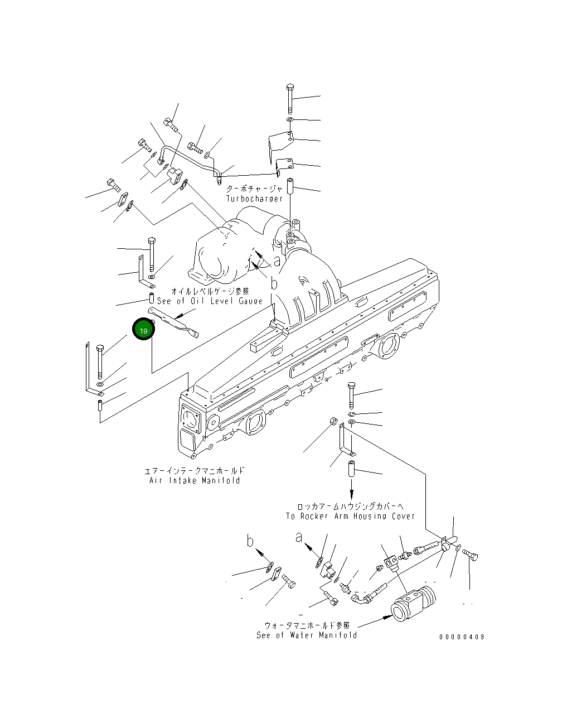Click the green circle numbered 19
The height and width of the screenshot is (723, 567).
[x=143, y=330]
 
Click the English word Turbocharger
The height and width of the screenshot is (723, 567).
[x=254, y=199]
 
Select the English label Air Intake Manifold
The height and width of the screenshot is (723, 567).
[x=195, y=480]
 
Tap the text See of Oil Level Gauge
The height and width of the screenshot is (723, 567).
[x=210, y=301]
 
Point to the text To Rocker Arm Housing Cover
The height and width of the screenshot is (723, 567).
[x=350, y=516]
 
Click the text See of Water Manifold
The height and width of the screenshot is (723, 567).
[x=307, y=635]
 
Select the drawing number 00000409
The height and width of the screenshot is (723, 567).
[x=462, y=637]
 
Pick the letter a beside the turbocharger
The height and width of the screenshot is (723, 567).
[x=277, y=261]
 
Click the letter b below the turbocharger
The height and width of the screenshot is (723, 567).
[x=274, y=283]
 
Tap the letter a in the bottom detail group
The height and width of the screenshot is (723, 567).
[x=299, y=537]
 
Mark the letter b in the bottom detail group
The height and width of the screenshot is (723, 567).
[x=251, y=541]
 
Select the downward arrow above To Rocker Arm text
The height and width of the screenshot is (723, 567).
[x=351, y=493]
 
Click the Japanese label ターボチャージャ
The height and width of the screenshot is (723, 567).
[x=254, y=189]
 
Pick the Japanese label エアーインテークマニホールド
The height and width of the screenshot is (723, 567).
[x=195, y=471]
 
